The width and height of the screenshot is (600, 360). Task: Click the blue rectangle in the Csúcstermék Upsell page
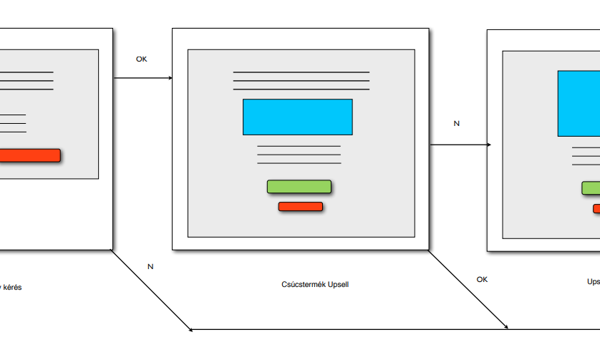(297, 117)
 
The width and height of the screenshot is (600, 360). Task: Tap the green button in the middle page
(299, 187)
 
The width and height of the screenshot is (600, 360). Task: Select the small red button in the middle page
(301, 207)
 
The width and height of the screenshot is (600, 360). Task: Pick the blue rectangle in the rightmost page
(579, 103)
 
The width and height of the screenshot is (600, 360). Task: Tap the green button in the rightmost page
(591, 188)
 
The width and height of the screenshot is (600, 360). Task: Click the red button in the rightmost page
(596, 208)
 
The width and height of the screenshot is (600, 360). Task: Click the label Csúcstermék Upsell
(315, 284)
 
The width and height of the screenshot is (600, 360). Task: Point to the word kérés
(13, 287)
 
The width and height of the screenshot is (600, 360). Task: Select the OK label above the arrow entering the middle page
(142, 59)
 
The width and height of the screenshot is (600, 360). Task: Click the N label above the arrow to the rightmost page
(457, 123)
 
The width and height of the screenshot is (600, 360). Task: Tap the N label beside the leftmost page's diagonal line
(150, 266)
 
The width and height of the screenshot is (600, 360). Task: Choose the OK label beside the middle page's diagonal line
(483, 279)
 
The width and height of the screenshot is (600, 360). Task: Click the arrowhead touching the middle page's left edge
(170, 78)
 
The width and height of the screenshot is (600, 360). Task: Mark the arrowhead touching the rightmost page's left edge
(488, 145)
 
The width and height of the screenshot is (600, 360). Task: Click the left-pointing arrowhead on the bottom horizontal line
(191, 330)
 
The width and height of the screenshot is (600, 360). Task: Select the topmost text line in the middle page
(301, 72)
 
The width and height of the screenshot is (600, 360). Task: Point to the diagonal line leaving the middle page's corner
(469, 290)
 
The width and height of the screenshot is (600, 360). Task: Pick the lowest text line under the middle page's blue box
(299, 164)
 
